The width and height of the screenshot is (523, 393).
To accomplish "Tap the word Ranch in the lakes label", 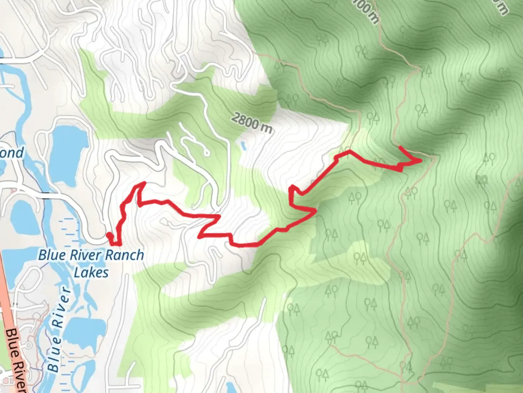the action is [124, 255].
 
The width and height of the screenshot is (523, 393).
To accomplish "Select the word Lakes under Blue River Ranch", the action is [91, 272].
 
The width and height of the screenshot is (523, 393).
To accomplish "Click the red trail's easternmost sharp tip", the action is [421, 160].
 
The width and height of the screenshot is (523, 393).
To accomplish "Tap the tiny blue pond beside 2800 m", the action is [243, 146].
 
